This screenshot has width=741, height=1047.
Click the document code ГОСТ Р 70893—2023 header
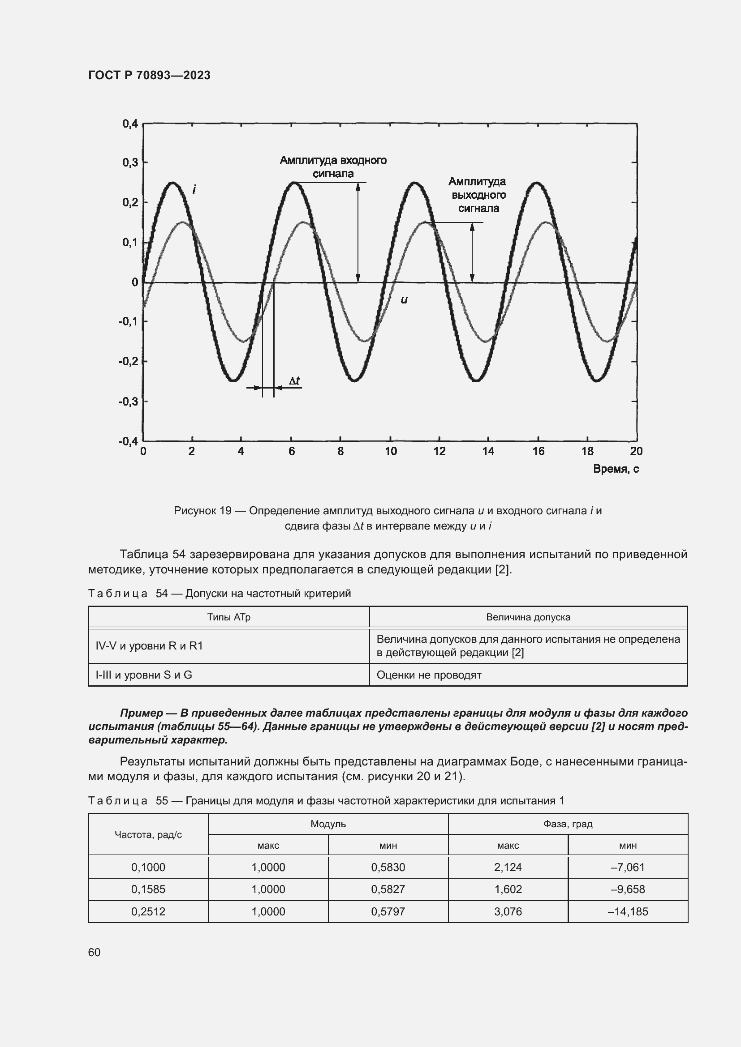click(x=149, y=75)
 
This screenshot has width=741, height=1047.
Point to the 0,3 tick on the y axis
click(x=129, y=162)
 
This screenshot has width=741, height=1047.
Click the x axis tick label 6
click(x=291, y=452)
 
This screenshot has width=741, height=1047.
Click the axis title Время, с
click(x=616, y=469)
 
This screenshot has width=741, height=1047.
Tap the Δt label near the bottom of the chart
click(x=294, y=380)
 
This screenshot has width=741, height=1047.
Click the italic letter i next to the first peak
click(x=194, y=189)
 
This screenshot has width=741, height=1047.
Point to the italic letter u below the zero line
click(x=404, y=299)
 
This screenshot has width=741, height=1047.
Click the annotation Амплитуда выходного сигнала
click(x=477, y=195)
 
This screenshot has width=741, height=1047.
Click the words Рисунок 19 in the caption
click(x=202, y=511)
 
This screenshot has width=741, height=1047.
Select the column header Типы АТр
click(x=228, y=617)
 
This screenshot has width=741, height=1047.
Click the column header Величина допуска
click(x=528, y=617)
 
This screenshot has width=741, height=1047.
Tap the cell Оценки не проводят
click(x=429, y=675)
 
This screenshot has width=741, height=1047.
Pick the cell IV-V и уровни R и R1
click(x=149, y=646)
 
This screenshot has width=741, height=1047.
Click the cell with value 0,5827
click(x=388, y=889)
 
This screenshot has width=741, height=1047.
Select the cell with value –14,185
click(x=628, y=911)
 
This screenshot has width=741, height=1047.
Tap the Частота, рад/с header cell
click(x=148, y=834)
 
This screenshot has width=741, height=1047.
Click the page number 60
click(x=95, y=952)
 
